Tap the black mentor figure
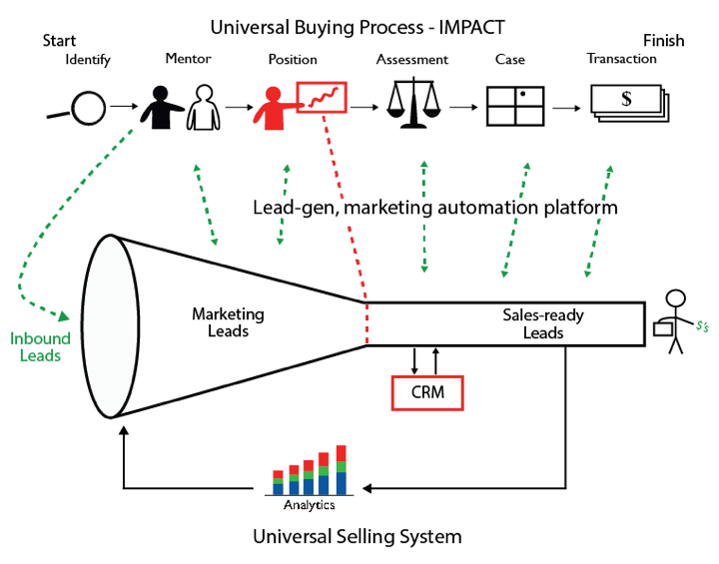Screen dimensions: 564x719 (x=160, y=107)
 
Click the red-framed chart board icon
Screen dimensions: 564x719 (x=322, y=98)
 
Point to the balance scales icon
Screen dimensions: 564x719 (x=412, y=103)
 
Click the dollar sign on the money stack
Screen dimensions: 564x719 (x=626, y=99)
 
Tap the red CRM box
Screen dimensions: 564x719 (x=428, y=391)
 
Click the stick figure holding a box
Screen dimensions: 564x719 (x=675, y=320)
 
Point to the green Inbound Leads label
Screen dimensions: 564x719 (x=40, y=346)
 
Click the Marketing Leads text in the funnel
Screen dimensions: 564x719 (x=228, y=322)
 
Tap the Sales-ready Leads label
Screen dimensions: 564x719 (x=543, y=323)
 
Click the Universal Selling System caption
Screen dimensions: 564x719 (x=359, y=536)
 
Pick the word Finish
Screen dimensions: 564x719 (x=663, y=41)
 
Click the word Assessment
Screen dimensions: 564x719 (x=412, y=60)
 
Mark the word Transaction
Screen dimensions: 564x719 (x=621, y=59)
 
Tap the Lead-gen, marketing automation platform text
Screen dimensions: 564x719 (x=435, y=208)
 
